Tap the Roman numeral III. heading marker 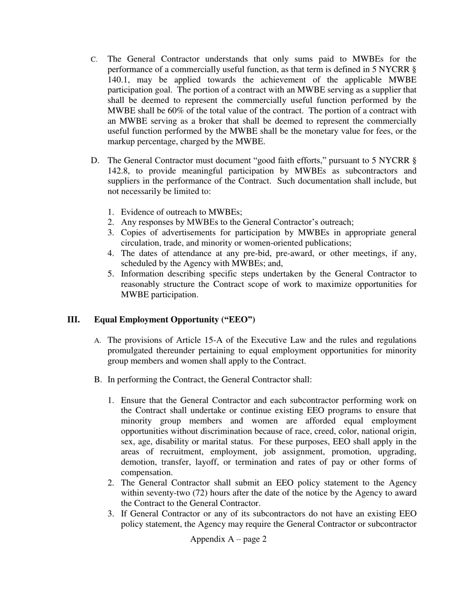(74, 320)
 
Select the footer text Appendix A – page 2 (228, 539)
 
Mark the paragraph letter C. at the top (94, 60)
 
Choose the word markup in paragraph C (121, 142)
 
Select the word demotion (138, 462)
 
